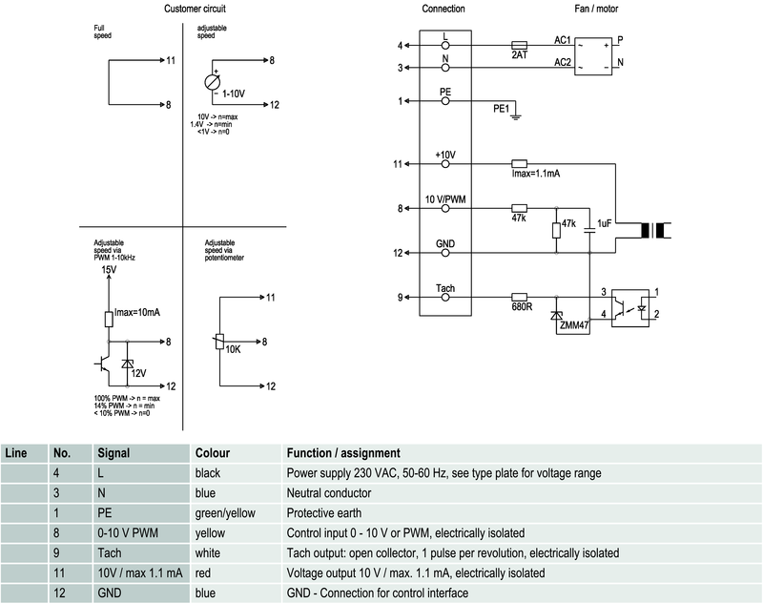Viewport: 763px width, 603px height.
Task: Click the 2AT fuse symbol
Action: [520, 45]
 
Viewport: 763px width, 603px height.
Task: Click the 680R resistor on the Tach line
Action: [520, 297]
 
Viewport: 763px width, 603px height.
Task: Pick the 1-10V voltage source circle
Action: [214, 82]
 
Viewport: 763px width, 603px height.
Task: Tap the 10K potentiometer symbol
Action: [219, 342]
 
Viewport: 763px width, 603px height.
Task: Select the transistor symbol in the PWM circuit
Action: [104, 365]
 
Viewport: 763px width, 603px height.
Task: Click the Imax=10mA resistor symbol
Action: [109, 320]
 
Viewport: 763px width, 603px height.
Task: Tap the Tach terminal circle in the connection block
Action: [445, 297]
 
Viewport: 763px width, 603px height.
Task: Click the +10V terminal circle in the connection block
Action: [445, 164]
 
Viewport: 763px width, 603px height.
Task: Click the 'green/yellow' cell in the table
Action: [225, 512]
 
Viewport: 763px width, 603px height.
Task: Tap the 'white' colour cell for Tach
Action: [209, 552]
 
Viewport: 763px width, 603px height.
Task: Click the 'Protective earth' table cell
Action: [326, 512]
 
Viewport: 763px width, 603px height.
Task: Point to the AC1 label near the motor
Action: [563, 40]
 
